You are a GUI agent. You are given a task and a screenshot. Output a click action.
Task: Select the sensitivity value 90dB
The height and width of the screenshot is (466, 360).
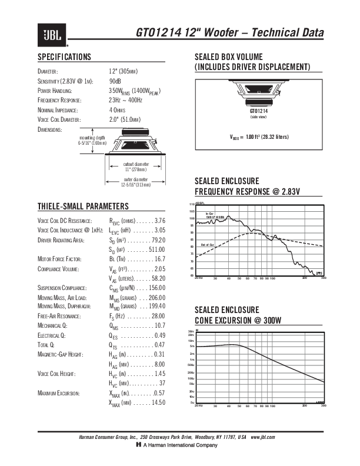(115, 81)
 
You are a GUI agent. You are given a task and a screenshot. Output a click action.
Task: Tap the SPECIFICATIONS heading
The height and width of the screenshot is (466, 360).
(64, 57)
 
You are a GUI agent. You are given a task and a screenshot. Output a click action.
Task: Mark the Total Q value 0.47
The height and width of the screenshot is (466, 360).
(159, 345)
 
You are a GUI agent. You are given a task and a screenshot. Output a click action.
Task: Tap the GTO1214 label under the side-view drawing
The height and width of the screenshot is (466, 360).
(258, 111)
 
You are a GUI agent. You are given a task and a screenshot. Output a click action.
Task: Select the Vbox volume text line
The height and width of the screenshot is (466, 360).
(259, 137)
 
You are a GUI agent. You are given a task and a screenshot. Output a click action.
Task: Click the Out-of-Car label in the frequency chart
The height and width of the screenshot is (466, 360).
(206, 244)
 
